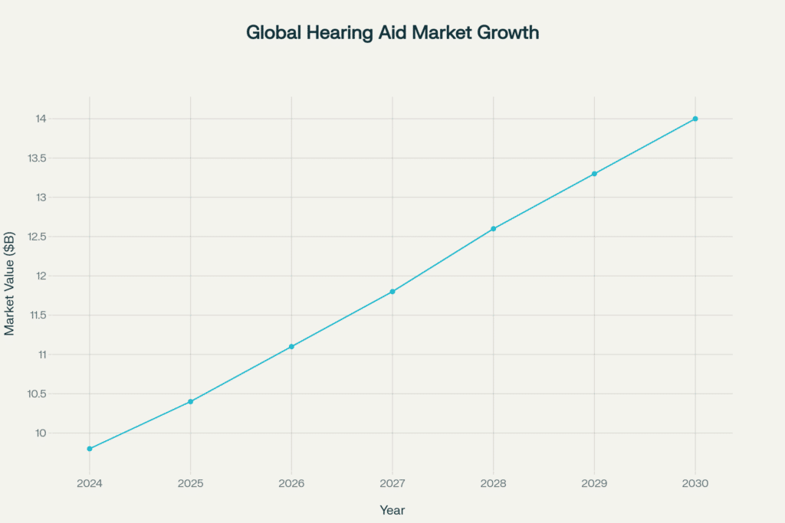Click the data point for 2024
point(90,449)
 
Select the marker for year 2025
point(191,401)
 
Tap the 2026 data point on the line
point(291,347)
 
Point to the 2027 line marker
point(392,292)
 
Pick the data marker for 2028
point(494,229)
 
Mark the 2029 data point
point(594,174)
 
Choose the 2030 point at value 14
point(695,119)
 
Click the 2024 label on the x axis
point(90,483)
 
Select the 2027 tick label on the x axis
point(392,483)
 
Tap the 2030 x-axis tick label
point(695,483)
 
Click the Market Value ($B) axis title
point(10,283)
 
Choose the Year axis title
point(392,510)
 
